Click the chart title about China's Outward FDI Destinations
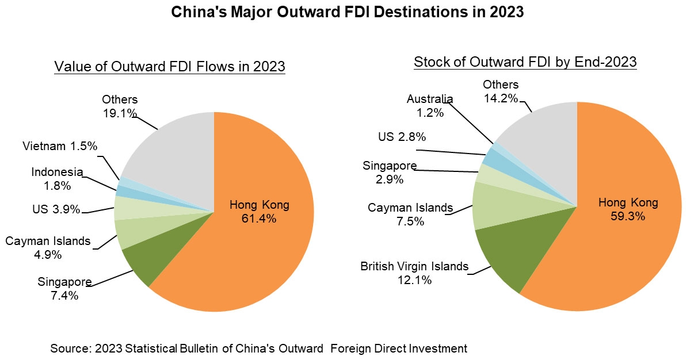348,12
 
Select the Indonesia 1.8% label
57,179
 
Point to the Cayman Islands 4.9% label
48,248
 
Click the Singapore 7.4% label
64,289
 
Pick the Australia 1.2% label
430,106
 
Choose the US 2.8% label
402,137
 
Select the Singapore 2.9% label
390,172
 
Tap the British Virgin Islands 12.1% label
414,273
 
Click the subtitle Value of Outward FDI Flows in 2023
170,67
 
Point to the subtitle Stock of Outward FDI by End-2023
525,62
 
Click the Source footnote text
258,348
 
